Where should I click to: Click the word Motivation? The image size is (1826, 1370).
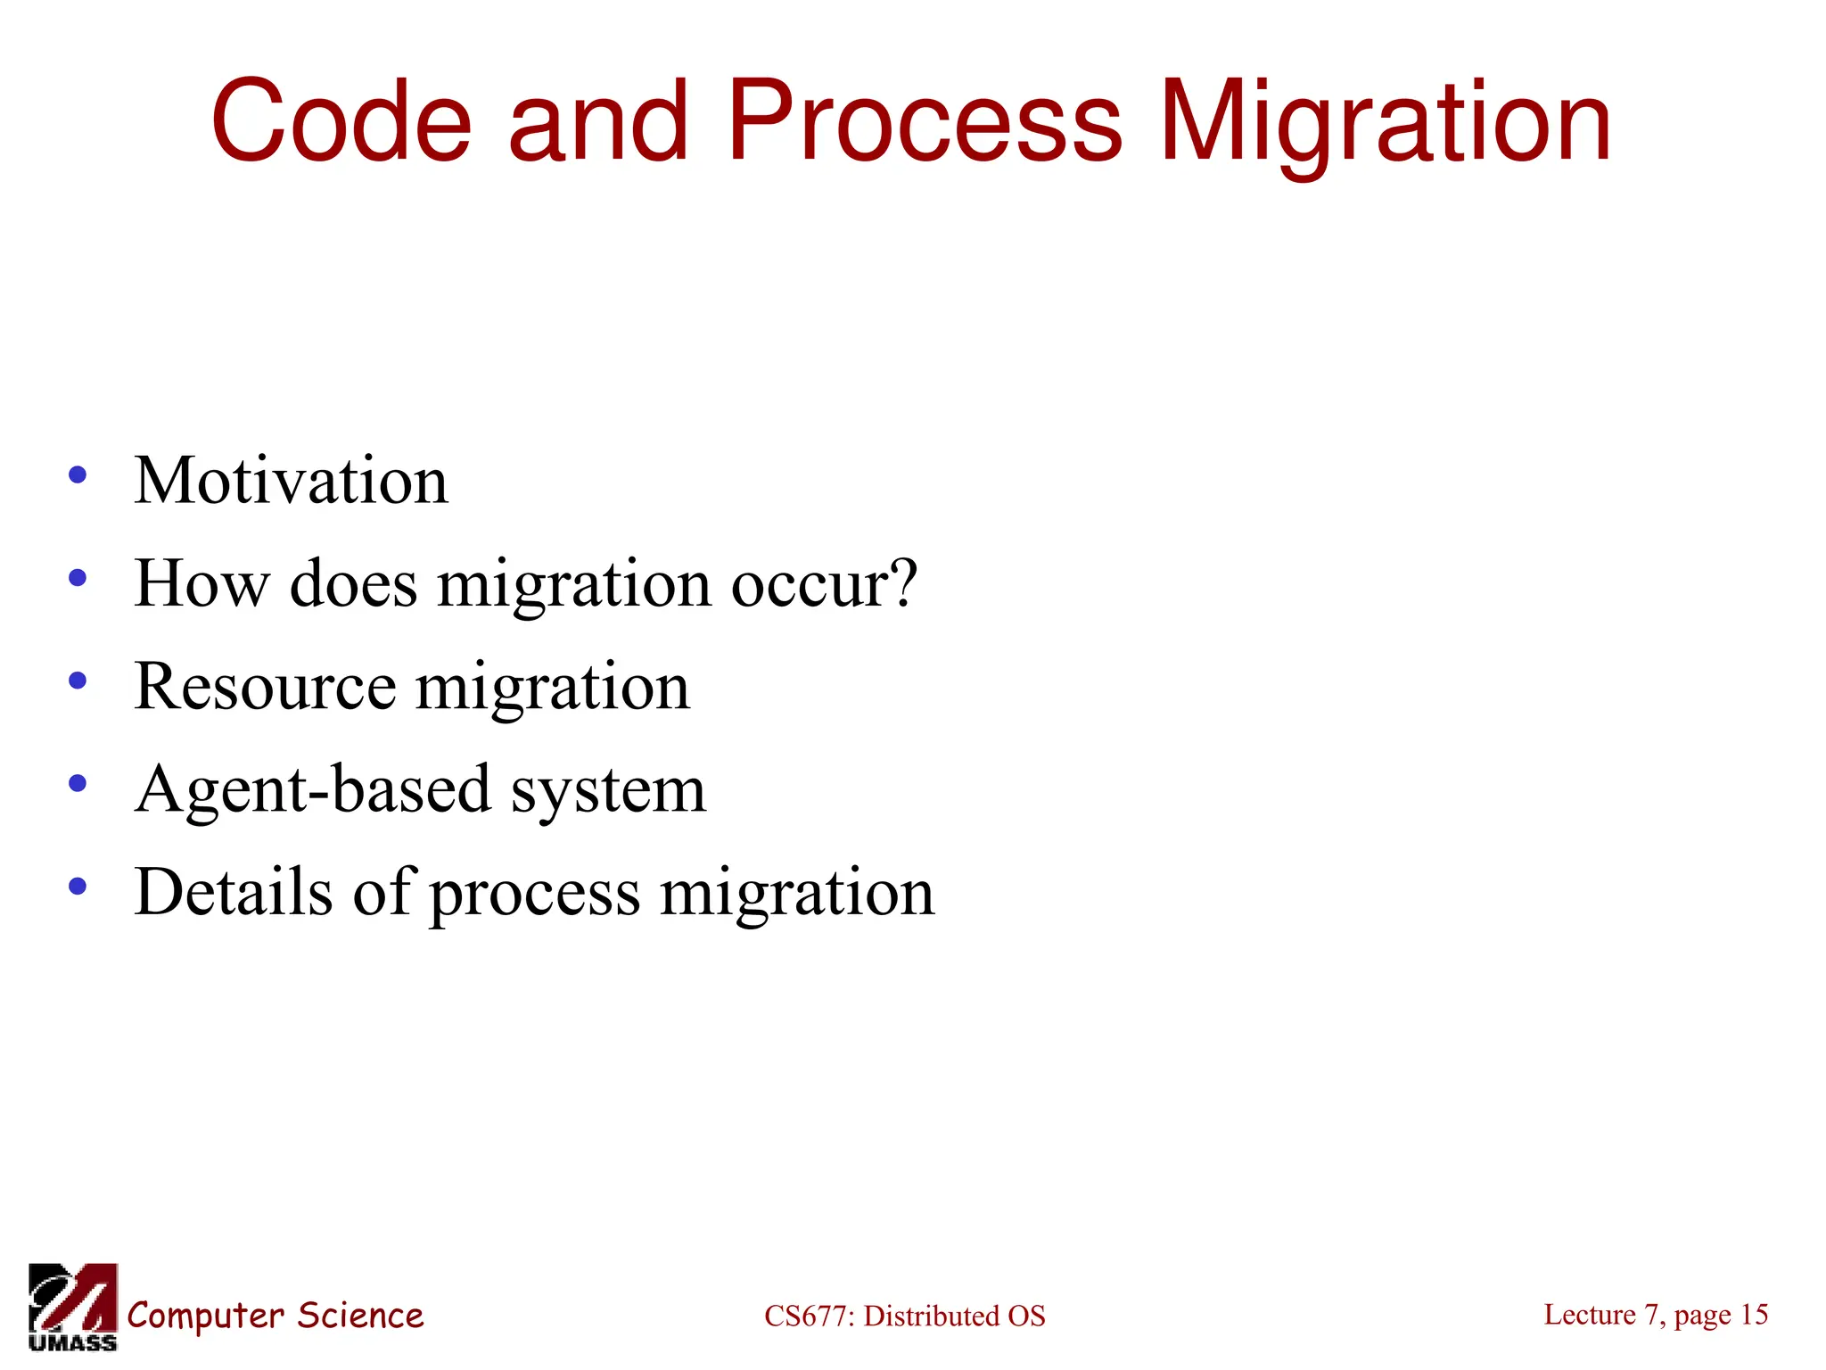click(x=291, y=481)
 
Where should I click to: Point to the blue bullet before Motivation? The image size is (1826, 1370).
click(x=78, y=475)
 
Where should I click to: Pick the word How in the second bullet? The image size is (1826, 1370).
click(x=201, y=583)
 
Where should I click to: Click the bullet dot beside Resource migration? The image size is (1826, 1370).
click(x=78, y=681)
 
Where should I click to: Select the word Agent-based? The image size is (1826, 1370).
click(x=313, y=789)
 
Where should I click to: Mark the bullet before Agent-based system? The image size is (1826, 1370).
click(x=78, y=783)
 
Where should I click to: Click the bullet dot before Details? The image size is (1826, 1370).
click(x=78, y=887)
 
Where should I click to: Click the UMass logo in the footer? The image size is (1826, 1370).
click(x=73, y=1306)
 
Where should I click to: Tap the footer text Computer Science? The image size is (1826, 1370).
click(x=276, y=1316)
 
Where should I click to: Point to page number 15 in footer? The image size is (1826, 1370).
click(x=1754, y=1314)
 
